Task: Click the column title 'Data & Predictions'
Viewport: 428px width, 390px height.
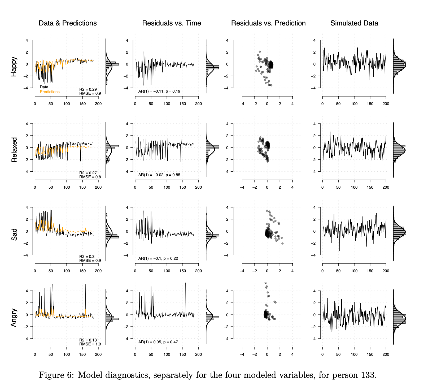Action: click(68, 23)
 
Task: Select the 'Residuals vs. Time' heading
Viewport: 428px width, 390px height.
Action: click(172, 23)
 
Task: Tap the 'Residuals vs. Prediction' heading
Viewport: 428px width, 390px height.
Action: click(268, 23)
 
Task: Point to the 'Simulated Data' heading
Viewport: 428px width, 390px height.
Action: click(354, 23)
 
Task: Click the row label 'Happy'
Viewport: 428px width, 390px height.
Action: click(14, 67)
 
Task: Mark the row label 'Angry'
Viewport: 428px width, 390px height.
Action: click(14, 318)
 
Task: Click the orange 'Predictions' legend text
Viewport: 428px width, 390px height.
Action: click(50, 92)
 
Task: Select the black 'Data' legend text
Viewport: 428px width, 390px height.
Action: click(44, 87)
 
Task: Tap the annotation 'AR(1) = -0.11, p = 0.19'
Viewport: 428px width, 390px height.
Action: click(159, 91)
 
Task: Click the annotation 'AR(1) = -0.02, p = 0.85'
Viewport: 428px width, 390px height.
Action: click(159, 175)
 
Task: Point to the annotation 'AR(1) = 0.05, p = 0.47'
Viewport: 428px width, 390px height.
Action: click(158, 342)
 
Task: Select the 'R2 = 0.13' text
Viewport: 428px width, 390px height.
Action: click(88, 340)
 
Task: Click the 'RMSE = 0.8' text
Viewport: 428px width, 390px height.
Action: click(90, 177)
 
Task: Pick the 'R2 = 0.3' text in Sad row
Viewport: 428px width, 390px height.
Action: click(87, 257)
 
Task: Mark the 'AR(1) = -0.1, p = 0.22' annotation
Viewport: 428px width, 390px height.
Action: click(158, 258)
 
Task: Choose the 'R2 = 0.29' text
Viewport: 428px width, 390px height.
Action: click(88, 89)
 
